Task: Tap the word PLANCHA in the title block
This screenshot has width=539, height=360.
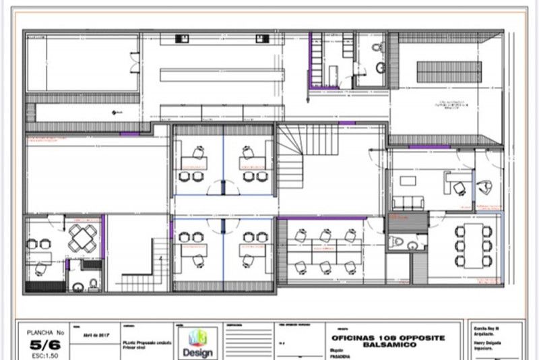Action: coord(38,332)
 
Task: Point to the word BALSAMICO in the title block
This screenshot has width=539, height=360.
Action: coord(387,344)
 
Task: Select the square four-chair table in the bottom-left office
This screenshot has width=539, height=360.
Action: coord(83,237)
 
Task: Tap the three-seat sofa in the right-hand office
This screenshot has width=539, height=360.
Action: coord(408,202)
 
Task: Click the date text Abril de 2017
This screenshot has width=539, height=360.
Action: coord(96,334)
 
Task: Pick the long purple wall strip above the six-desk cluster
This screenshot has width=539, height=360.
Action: coord(323,218)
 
